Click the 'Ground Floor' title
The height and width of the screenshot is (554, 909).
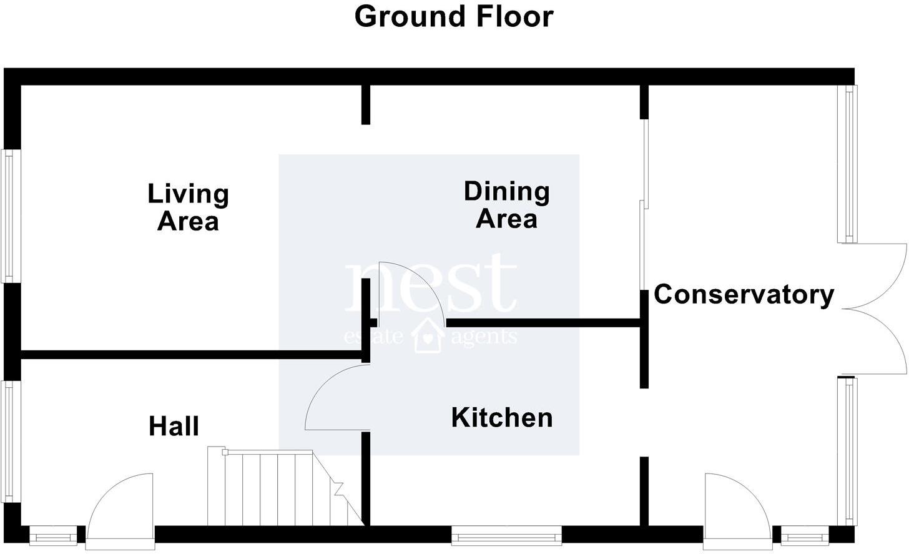coord(454,17)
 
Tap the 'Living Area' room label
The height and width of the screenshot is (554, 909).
coord(188,207)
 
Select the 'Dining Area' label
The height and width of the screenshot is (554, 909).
coord(506,205)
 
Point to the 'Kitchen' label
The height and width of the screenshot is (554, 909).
coord(502,418)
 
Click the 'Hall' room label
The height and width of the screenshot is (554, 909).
coord(174,427)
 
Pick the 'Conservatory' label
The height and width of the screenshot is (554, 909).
coord(744,294)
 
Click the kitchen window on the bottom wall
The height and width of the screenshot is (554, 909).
coord(507,535)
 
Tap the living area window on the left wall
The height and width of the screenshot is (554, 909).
coord(9,215)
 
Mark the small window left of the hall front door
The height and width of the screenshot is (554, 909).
coord(53,535)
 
